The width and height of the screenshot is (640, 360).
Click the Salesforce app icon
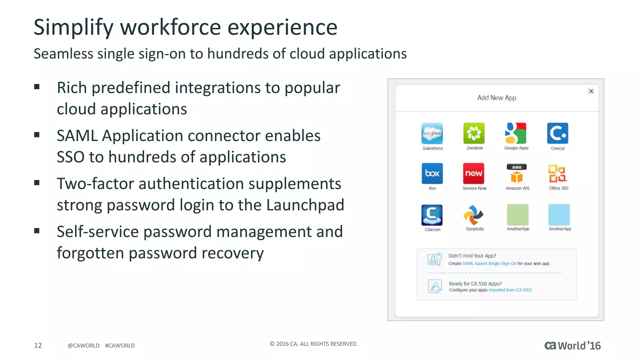(x=432, y=133)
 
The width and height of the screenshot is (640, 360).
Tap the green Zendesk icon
(x=474, y=133)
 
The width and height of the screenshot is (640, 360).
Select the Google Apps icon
(x=516, y=133)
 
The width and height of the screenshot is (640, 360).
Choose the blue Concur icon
(x=557, y=133)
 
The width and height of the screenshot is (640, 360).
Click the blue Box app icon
(x=432, y=173)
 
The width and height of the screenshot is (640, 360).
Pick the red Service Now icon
(x=473, y=173)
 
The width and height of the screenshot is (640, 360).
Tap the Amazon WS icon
(x=517, y=173)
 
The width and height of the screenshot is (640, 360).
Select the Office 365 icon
(x=558, y=173)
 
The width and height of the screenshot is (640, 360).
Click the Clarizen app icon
(x=432, y=215)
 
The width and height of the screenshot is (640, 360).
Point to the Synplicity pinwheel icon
(x=473, y=215)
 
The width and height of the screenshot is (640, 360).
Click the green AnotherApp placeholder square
(x=517, y=215)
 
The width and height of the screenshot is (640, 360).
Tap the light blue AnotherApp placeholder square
(x=559, y=215)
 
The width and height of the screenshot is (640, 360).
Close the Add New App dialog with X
(x=591, y=91)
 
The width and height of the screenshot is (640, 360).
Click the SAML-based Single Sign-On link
(x=489, y=263)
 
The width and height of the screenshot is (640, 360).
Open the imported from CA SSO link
(x=510, y=290)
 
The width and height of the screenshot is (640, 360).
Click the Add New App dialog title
(x=497, y=98)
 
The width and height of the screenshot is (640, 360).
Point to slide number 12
(x=38, y=345)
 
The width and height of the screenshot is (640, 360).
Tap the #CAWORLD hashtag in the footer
(x=120, y=346)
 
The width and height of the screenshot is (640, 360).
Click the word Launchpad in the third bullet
(x=305, y=205)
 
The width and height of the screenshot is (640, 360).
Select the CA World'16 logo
(x=572, y=346)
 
